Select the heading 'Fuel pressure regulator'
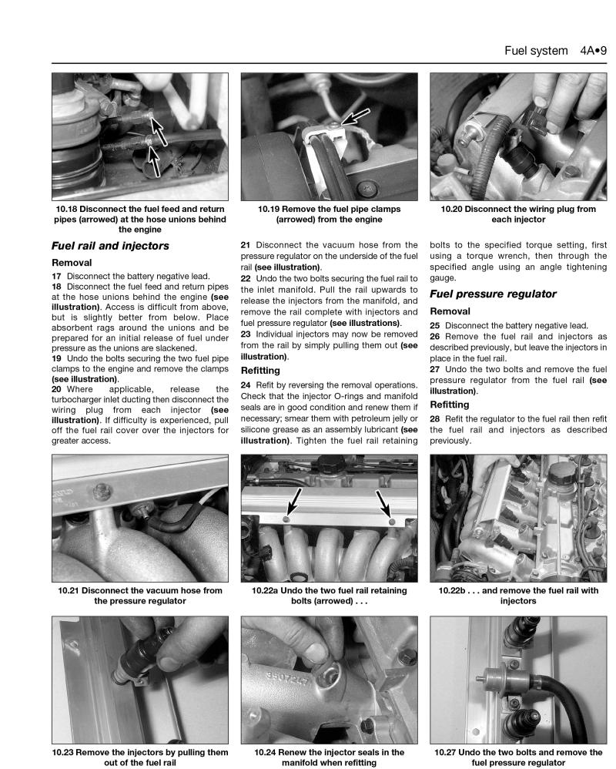492,294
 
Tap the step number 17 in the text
56,276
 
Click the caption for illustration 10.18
140,219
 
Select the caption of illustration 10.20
518,213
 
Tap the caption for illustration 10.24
329,757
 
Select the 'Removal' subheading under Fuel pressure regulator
450,312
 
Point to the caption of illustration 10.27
518,757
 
